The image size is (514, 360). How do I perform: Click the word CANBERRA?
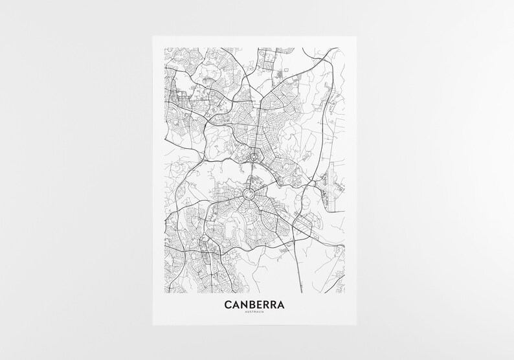pos(256,304)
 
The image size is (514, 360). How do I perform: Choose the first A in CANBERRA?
pos(237,304)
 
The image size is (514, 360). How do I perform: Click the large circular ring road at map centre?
pos(247,194)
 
